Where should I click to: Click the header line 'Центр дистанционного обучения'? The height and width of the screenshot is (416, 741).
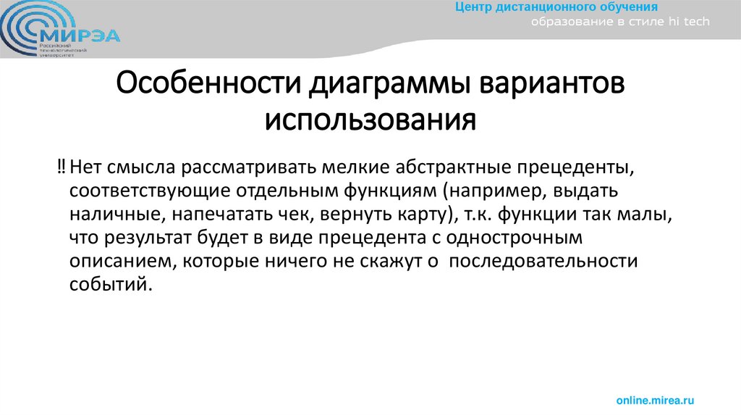[x=556, y=8]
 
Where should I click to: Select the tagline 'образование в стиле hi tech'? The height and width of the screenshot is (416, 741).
[x=621, y=22]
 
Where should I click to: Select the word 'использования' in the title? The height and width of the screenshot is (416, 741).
[x=370, y=119]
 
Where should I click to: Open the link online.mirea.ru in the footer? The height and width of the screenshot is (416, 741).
[x=655, y=400]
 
